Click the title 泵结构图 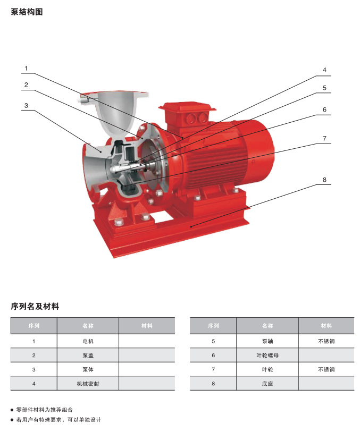pos(27,12)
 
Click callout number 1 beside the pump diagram pos(26,69)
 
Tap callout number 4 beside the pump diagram pos(324,70)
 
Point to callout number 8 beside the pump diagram pos(324,180)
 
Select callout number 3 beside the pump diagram pos(26,106)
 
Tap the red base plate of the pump pos(171,230)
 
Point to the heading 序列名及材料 pos(35,306)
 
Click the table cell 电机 pos(88,341)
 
